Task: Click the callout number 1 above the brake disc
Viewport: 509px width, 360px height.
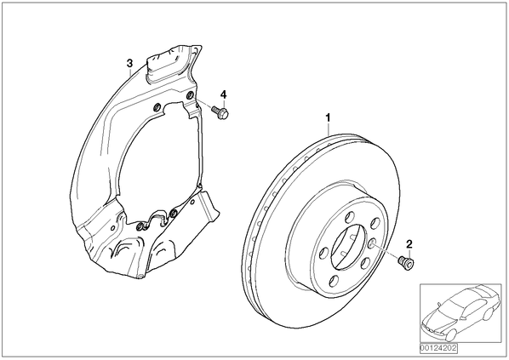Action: [x=329, y=117]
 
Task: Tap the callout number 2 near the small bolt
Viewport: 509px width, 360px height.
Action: [x=409, y=243]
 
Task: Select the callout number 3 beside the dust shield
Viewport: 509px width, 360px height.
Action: [x=129, y=63]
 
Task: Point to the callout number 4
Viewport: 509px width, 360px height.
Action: [x=223, y=94]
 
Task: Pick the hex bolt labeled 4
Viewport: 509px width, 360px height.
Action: [x=220, y=111]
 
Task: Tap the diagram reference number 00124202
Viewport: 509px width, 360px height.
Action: [x=438, y=348]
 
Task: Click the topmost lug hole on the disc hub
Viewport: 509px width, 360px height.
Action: [x=350, y=216]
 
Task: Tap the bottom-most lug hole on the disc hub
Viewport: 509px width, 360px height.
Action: [x=334, y=281]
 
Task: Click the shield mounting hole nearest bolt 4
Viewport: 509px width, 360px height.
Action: [x=190, y=95]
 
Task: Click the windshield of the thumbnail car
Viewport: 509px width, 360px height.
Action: [x=450, y=306]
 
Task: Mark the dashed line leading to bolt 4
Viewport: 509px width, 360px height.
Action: [x=203, y=103]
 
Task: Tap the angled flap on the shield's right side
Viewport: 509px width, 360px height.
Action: [x=209, y=208]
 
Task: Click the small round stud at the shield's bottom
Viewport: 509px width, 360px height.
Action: [x=140, y=277]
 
